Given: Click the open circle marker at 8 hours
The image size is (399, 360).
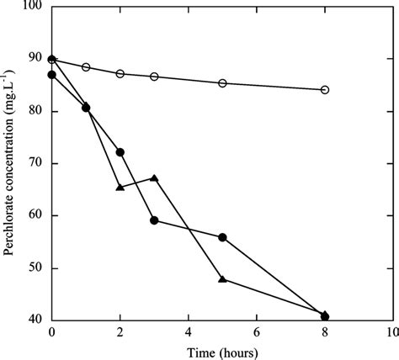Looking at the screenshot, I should point(325,90).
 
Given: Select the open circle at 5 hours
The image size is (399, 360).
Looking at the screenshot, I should point(222,83).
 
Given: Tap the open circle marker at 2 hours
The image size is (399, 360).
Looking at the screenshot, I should point(120,74).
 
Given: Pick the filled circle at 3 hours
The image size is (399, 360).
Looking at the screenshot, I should point(154,220).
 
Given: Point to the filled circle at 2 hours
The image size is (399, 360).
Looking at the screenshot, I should point(120,152).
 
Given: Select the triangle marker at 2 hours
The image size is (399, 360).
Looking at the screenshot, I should point(120,187).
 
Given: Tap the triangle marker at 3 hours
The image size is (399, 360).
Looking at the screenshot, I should point(154,177).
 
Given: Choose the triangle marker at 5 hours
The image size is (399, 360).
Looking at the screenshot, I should point(222,278).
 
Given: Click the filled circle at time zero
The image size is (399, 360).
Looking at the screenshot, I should point(52,75).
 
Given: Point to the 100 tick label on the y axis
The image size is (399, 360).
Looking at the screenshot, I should point(32,7).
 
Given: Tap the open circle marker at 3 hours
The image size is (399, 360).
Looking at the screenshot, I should point(154,77).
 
